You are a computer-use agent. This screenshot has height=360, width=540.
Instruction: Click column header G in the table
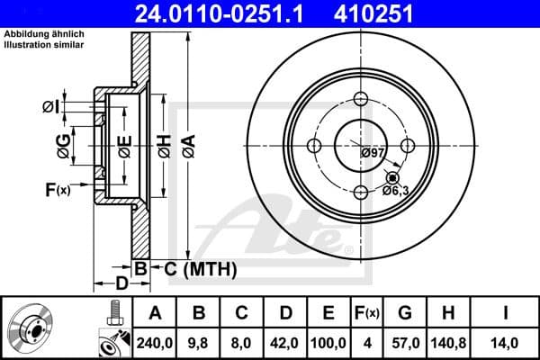tap(404, 312)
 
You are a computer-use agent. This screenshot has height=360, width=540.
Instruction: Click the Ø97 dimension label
tap(373, 153)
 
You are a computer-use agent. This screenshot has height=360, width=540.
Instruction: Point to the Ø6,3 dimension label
tap(397, 190)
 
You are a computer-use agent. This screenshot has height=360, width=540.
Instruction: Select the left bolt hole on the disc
tap(315, 146)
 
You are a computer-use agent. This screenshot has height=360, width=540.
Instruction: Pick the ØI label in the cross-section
tap(51, 107)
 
